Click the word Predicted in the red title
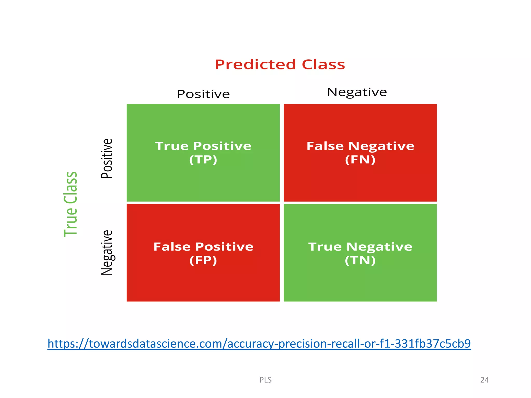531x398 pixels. point(255,65)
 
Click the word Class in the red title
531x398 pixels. point(323,65)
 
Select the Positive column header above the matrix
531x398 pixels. point(203,94)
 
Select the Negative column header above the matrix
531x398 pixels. point(357,92)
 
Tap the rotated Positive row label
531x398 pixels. point(107,158)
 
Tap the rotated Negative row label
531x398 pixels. point(107,252)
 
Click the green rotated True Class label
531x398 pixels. point(71,204)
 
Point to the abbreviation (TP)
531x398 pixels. point(203,160)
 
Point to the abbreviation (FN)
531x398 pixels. point(360,160)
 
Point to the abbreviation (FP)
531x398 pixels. point(203,260)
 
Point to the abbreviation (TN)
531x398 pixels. point(360,260)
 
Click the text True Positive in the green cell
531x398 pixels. point(203,146)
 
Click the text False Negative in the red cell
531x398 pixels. point(360,146)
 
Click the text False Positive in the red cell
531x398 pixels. point(203,246)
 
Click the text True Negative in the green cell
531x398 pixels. point(360,246)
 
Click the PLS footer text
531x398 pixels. point(265,380)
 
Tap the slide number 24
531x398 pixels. point(484,380)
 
